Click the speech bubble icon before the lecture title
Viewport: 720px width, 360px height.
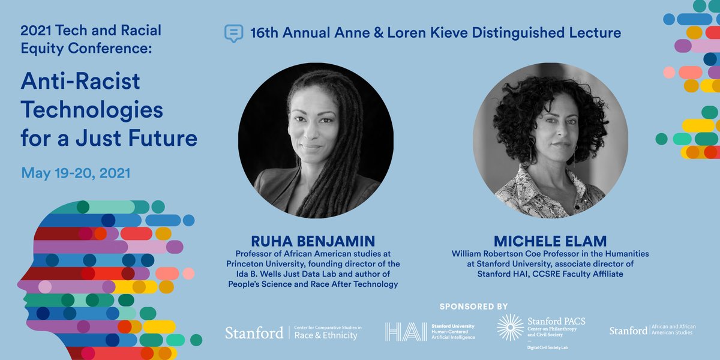tap(233, 32)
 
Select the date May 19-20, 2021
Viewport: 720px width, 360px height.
tap(76, 173)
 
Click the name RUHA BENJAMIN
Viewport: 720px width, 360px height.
tap(313, 242)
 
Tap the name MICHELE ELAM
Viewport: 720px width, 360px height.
tap(550, 242)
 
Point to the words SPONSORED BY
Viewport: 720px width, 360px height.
tap(473, 306)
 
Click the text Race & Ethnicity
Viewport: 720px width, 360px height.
tap(326, 336)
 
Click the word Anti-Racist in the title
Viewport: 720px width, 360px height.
tap(80, 81)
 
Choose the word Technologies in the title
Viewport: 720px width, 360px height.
tap(92, 110)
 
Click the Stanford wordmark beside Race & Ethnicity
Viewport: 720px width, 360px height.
tap(254, 332)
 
